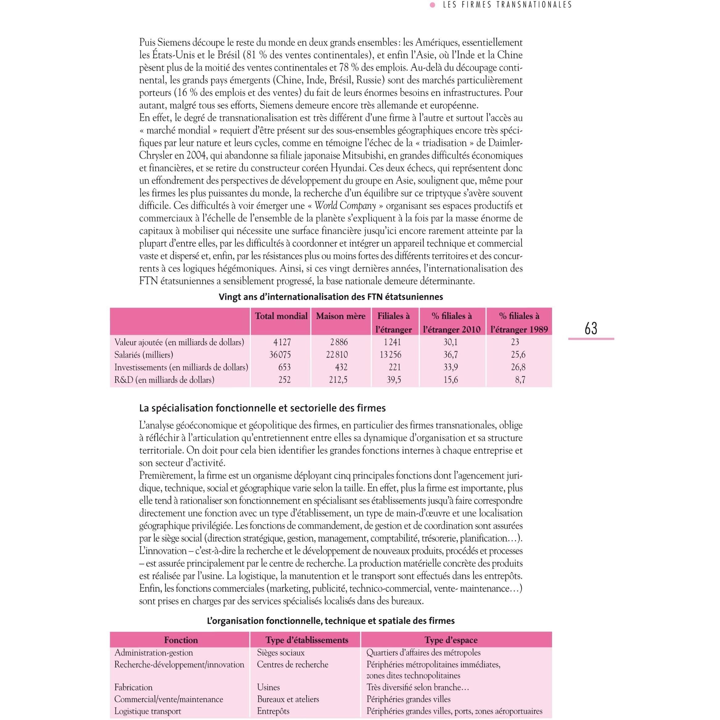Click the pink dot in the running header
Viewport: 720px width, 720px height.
[433, 5]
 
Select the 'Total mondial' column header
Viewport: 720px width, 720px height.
[281, 316]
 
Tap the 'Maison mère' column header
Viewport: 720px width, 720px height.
[341, 316]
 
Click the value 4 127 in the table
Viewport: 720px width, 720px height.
[282, 342]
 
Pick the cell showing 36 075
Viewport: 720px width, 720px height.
[280, 355]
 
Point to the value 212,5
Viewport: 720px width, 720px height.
[338, 380]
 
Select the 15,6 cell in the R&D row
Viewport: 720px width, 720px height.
[451, 380]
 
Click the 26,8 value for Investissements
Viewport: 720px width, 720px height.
[518, 367]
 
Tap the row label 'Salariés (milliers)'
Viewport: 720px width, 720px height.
[144, 355]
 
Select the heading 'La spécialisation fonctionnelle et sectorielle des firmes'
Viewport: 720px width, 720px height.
[262, 408]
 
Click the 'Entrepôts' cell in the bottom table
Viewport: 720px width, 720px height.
[273, 711]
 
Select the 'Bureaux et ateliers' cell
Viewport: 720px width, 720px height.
[288, 699]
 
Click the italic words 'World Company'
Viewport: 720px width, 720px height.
[345, 206]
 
